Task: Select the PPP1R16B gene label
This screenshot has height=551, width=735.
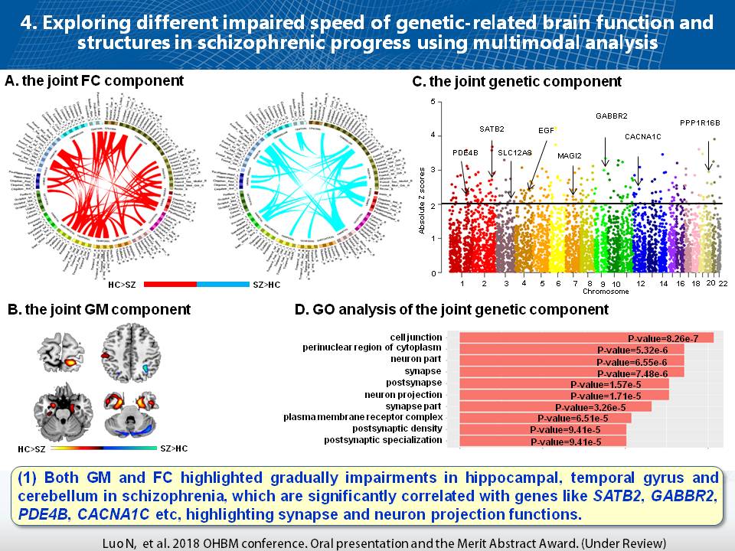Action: point(700,122)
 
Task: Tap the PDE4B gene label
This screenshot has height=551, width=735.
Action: point(465,152)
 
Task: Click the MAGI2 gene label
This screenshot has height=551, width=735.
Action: point(570,156)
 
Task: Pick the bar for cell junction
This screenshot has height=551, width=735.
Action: point(586,337)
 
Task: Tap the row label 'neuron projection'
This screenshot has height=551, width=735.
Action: point(403,395)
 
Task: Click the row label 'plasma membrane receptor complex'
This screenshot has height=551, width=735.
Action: point(363,417)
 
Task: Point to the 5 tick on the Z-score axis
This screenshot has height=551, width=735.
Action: point(435,102)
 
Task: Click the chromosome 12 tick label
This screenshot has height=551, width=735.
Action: point(640,283)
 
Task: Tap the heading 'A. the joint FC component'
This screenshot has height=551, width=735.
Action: point(94,80)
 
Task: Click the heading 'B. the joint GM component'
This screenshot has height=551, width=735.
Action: point(99,310)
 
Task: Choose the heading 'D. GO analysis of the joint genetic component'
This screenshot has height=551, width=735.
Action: point(452,309)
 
